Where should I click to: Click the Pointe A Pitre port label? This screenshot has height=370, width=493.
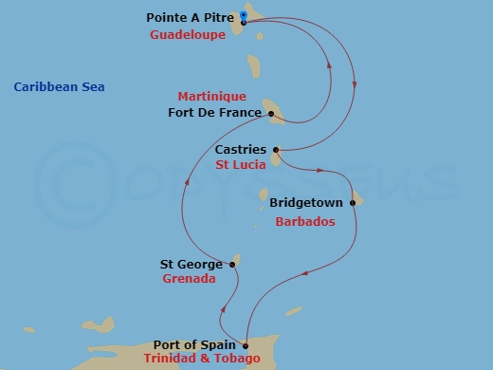pyautogui.click(x=191, y=18)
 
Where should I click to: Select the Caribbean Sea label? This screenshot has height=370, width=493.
pyautogui.click(x=59, y=87)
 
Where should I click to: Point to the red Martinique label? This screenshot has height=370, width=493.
pyautogui.click(x=212, y=97)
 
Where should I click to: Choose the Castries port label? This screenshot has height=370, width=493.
pyautogui.click(x=241, y=150)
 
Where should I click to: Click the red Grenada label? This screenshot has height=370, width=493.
pyautogui.click(x=190, y=280)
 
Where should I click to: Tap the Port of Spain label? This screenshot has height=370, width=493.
pyautogui.click(x=194, y=345)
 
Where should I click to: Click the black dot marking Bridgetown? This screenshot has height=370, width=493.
pyautogui.click(x=352, y=203)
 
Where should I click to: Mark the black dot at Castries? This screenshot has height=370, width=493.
pyautogui.click(x=276, y=150)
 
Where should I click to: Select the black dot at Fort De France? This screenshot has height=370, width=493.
pyautogui.click(x=271, y=114)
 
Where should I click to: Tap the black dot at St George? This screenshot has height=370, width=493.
pyautogui.click(x=232, y=265)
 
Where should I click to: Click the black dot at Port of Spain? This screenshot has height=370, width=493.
pyautogui.click(x=246, y=345)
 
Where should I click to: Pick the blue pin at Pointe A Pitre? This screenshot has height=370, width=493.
pyautogui.click(x=244, y=15)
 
